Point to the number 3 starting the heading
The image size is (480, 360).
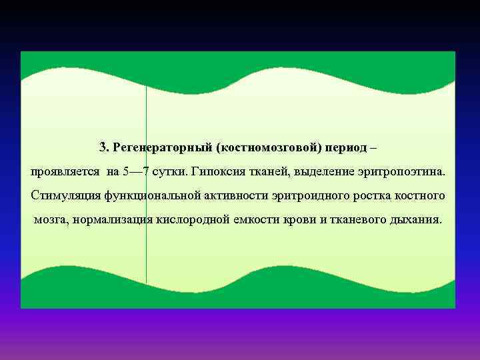[x=103, y=147]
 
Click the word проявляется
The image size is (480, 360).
[x=65, y=171]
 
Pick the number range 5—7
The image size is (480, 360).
[x=136, y=171]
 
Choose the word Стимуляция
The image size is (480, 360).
[x=65, y=196]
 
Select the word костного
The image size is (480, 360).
[x=421, y=196]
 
